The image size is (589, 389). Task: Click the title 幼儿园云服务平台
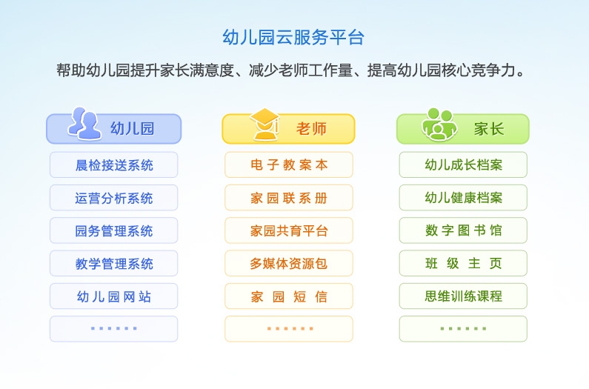(x=294, y=38)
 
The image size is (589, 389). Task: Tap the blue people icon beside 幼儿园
(x=84, y=124)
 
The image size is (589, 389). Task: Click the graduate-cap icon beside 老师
(x=264, y=124)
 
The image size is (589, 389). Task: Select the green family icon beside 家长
(x=439, y=124)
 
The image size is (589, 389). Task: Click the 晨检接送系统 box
(x=114, y=165)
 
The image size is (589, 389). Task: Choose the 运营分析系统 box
(x=114, y=198)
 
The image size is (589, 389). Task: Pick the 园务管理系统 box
(x=114, y=230)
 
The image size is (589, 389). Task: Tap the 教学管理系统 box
(x=114, y=263)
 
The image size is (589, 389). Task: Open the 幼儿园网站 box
(x=114, y=296)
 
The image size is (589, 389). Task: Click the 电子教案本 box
(x=289, y=165)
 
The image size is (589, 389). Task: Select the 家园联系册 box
(x=289, y=198)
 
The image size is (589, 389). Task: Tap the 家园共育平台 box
(x=289, y=230)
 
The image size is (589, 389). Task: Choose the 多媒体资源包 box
(x=289, y=263)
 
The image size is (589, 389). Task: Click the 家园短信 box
(x=289, y=296)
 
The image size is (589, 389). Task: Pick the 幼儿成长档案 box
(x=463, y=165)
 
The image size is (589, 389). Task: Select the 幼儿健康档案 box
(x=463, y=198)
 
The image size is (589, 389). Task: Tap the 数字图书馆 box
(x=463, y=230)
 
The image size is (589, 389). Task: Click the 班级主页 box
(x=463, y=263)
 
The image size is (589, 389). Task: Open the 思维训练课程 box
(x=463, y=296)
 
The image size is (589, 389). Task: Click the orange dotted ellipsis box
(x=289, y=329)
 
